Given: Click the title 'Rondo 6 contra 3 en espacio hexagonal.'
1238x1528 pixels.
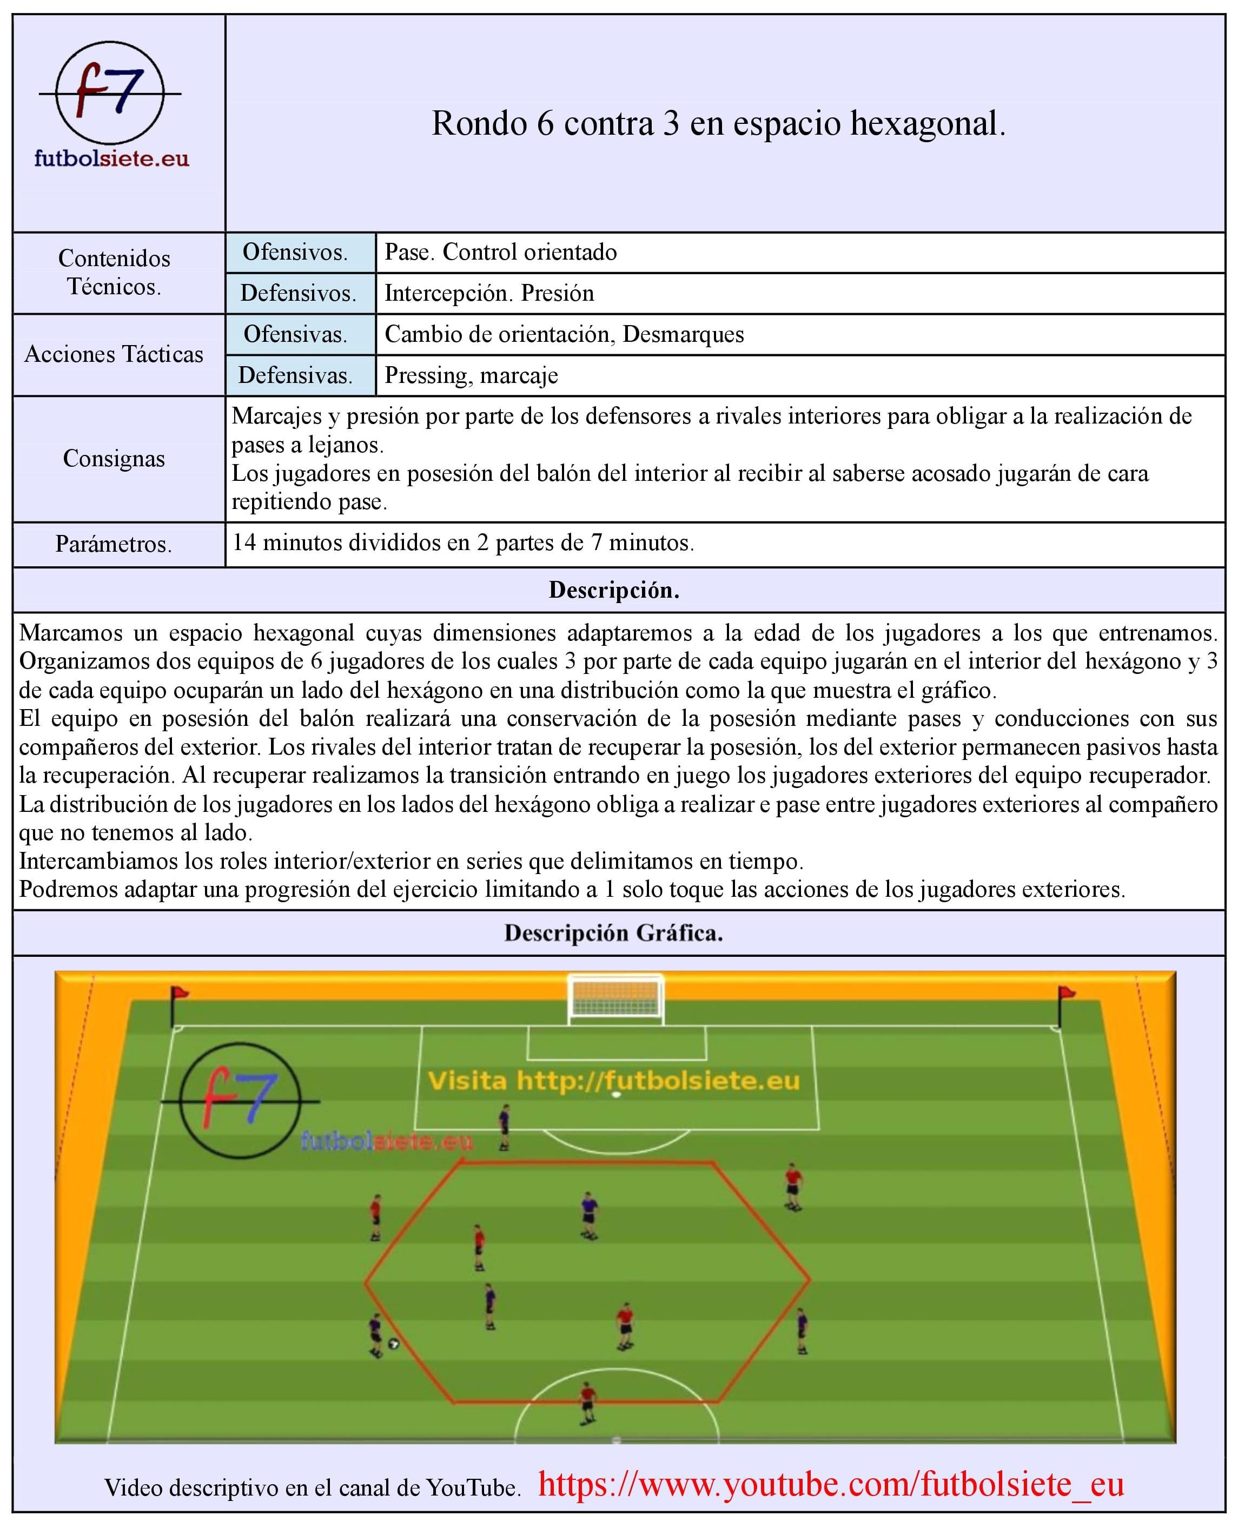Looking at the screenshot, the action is click(x=718, y=123).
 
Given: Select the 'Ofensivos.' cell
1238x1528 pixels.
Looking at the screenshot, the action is click(x=295, y=252).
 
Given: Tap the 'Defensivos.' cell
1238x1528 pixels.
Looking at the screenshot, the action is click(x=298, y=293).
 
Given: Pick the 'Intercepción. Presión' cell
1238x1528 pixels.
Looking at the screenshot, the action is click(x=489, y=293).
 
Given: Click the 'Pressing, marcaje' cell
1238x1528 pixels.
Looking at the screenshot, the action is click(x=472, y=375).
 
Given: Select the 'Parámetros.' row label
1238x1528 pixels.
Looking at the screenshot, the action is click(x=114, y=544).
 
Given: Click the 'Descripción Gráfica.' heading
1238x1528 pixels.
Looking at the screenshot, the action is click(x=613, y=932).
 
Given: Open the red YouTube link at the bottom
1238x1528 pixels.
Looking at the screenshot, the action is click(x=831, y=1485).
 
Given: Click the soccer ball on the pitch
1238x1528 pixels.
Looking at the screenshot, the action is click(x=393, y=1344).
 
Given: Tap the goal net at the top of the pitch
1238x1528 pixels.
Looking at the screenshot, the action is click(x=615, y=1000).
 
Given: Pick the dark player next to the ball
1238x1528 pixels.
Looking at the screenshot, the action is click(x=376, y=1335).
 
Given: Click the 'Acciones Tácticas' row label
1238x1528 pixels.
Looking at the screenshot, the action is click(x=114, y=354).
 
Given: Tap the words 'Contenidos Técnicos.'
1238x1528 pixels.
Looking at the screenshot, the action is click(x=114, y=272).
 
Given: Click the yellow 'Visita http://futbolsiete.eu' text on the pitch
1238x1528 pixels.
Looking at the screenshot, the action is click(x=613, y=1081).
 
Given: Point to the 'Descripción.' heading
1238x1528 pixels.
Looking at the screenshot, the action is click(x=613, y=590).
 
